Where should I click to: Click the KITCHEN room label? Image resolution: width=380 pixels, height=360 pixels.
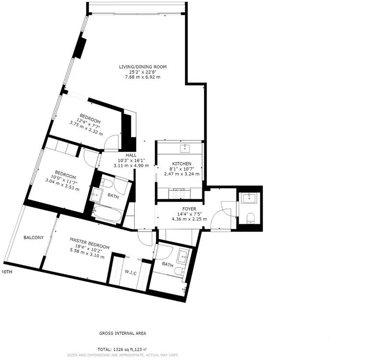(181, 164)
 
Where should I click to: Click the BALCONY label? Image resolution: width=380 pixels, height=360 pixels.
(33, 238)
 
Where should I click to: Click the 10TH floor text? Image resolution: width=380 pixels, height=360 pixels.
(7, 272)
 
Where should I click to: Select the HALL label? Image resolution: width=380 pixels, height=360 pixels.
(131, 155)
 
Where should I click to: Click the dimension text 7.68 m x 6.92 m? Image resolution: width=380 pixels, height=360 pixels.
(143, 77)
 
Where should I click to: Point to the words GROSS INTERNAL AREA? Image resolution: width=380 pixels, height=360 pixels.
(122, 333)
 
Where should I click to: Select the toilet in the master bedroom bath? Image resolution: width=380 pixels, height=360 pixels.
(179, 272)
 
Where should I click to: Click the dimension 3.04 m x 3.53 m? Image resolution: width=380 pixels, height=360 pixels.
(62, 189)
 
